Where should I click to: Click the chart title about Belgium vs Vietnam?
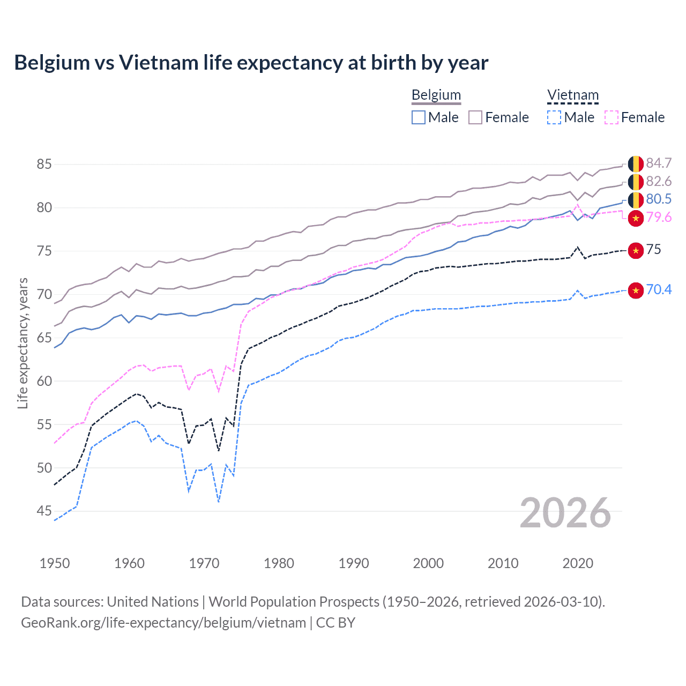(251, 63)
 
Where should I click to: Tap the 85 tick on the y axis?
(44, 164)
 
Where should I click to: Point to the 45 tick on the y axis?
(44, 511)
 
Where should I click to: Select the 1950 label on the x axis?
(55, 563)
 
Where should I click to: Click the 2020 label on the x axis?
(578, 563)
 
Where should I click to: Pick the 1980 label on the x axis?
(279, 563)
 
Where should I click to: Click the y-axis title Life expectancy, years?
(23, 343)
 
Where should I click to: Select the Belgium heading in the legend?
(436, 95)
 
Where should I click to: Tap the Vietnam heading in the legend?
(572, 95)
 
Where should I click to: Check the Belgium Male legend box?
(419, 117)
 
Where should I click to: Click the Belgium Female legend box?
(475, 117)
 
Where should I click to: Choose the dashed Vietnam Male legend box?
(554, 117)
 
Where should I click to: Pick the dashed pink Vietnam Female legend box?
(612, 117)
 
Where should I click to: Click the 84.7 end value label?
(659, 163)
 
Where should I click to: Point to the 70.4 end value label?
(659, 289)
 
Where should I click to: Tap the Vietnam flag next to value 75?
(636, 250)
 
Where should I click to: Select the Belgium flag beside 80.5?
(636, 200)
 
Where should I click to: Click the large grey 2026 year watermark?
(565, 513)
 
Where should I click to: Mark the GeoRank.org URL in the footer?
(163, 622)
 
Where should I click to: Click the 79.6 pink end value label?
(659, 217)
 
